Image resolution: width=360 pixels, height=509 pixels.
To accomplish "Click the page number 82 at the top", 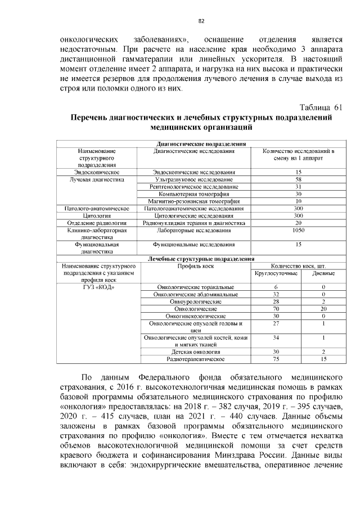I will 200,21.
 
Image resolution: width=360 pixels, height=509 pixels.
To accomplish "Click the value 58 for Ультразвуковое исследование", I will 298,179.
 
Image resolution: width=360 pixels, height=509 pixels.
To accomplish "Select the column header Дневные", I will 323,273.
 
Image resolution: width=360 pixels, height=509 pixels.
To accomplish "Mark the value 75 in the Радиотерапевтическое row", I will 276,359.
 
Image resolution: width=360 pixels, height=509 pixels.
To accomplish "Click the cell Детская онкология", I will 193,352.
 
